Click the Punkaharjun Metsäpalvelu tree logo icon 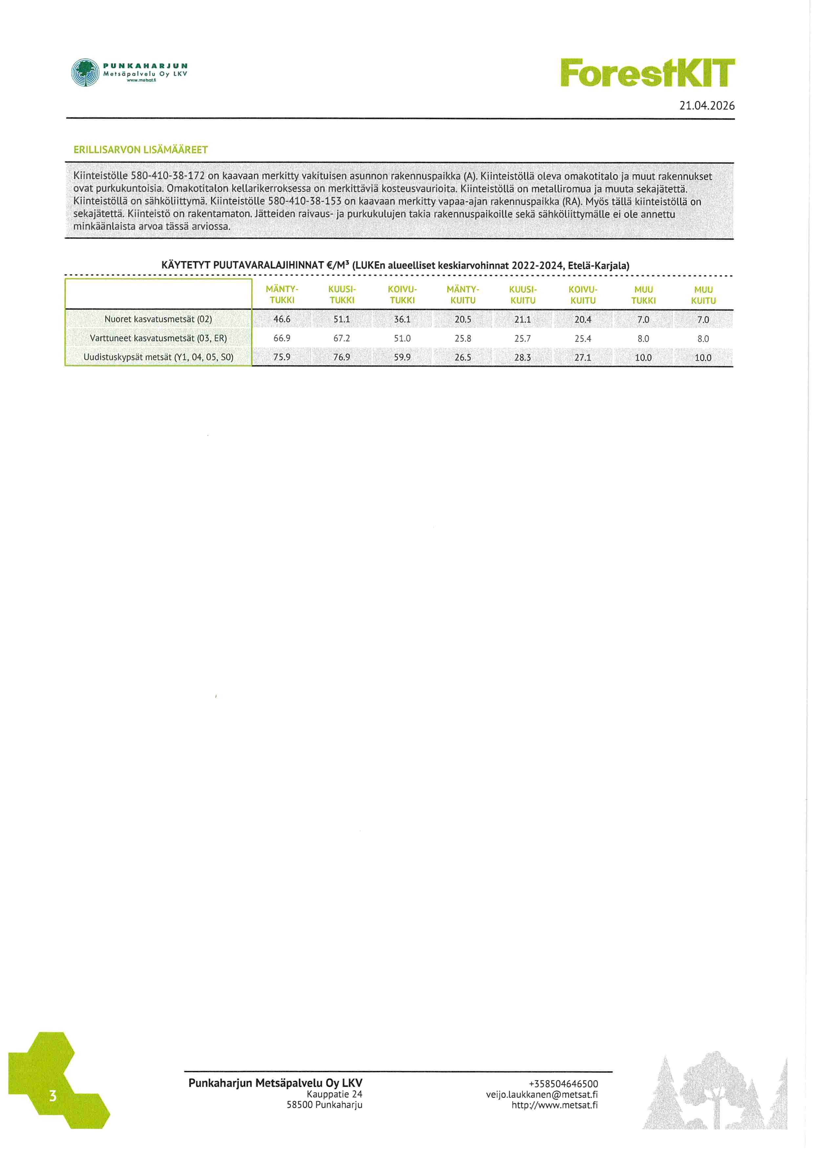click(85, 73)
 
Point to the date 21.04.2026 click(707, 106)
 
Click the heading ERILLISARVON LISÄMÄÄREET click(140, 150)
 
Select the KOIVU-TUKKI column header click(402, 295)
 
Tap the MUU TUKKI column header click(643, 295)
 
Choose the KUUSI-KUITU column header click(523, 295)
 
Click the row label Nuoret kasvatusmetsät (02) click(158, 319)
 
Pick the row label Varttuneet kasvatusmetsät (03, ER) click(158, 338)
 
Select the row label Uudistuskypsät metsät click(158, 357)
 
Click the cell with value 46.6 click(282, 319)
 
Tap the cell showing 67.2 click(342, 338)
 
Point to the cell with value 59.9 click(402, 357)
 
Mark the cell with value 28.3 click(523, 357)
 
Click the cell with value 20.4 click(583, 319)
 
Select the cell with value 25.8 click(462, 338)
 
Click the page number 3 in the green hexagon click(53, 1096)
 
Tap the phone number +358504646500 click(563, 1084)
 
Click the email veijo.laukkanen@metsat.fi click(542, 1094)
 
